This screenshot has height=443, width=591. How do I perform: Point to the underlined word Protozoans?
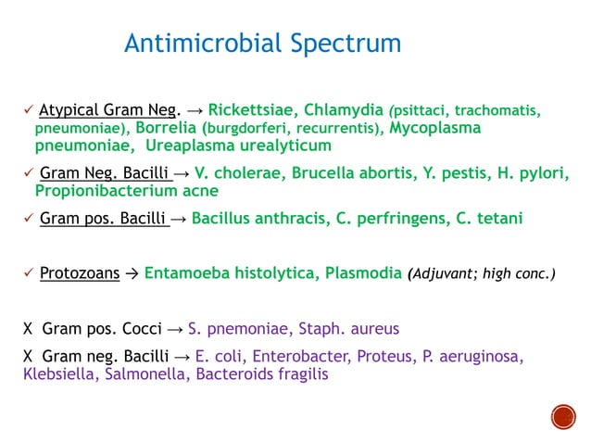pos(77,274)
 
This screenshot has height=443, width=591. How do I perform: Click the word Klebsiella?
pos(57,375)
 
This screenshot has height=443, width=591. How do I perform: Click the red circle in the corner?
pos(563,418)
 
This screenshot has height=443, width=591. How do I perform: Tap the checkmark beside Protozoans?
pos(28,274)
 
